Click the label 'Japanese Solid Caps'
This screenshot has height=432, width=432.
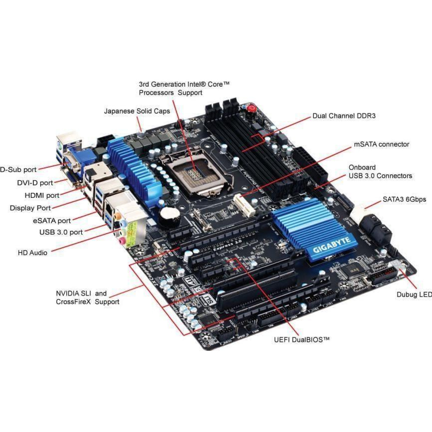click(137, 111)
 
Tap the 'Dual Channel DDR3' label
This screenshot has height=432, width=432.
click(344, 116)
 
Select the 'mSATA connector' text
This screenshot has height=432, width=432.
click(381, 144)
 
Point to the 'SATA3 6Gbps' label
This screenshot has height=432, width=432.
click(404, 200)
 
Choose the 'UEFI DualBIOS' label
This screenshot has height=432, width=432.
click(301, 340)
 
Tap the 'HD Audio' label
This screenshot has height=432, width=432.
click(32, 253)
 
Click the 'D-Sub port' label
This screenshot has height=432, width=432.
click(19, 169)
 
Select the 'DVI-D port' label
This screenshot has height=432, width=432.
click(35, 183)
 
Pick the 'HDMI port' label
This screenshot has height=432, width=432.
click(42, 195)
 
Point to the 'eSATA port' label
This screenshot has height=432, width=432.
click(52, 221)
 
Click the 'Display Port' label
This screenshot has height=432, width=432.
click(30, 208)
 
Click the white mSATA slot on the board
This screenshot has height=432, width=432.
click(244, 205)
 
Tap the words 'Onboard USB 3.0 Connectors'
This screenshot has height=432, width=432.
click(380, 172)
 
